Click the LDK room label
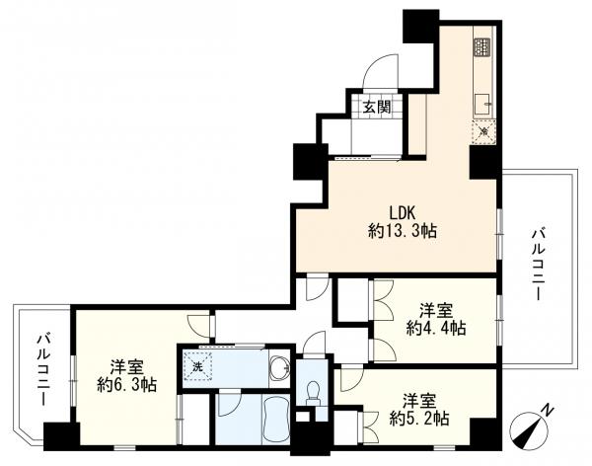coord(399,211)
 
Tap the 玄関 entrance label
coord(374,107)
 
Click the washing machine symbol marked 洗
coord(197,366)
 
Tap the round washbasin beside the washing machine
coord(279,368)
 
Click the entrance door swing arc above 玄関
coord(378,73)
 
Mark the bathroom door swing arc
coord(229,404)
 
